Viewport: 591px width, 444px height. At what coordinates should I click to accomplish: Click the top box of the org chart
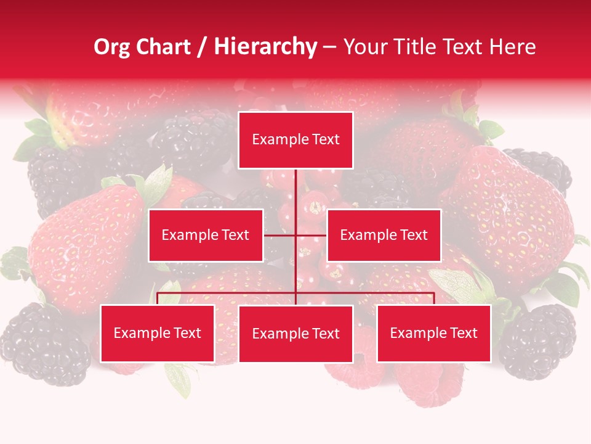coord(295,140)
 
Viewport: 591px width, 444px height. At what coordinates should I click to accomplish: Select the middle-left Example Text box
coord(206,235)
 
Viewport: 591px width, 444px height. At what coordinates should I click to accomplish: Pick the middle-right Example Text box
coord(384,235)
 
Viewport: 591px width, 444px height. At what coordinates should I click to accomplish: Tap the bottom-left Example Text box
coord(158,333)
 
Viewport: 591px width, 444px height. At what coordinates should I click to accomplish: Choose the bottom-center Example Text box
coord(295,334)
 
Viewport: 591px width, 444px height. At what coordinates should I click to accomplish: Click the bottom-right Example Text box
coord(433,333)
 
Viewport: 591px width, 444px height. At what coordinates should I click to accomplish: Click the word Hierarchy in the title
coord(265,47)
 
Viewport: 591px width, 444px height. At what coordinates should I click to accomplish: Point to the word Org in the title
coord(112,47)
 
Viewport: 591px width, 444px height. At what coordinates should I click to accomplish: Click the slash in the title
coord(201,47)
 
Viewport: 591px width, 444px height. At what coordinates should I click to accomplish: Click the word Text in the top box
coord(326,140)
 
